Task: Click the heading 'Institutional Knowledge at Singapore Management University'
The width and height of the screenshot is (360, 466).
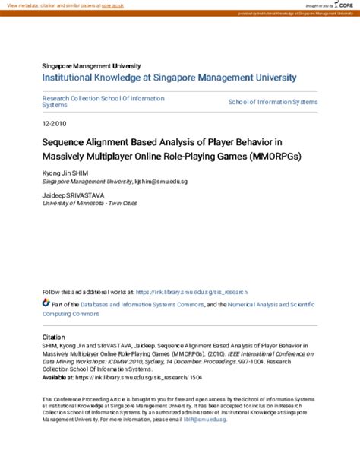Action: [x=169, y=78]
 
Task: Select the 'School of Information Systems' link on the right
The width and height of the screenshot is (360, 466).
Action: [x=273, y=101]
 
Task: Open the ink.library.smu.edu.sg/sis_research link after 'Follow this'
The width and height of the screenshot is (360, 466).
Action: [x=191, y=291]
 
